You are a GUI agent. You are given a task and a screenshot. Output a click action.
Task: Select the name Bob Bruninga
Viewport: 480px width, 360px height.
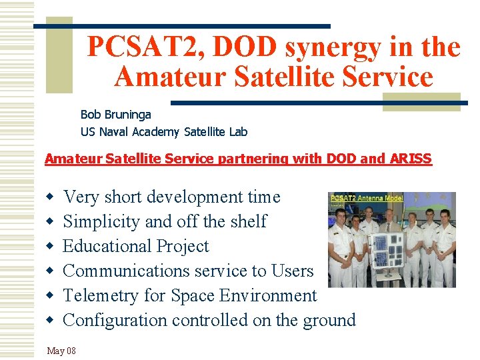[116, 115]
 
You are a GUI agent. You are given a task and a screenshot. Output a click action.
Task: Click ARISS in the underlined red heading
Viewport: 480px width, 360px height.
[413, 159]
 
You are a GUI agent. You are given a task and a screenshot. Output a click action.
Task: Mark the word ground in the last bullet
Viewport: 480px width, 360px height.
[328, 320]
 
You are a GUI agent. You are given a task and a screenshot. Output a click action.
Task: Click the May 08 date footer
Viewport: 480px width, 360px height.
[61, 351]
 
